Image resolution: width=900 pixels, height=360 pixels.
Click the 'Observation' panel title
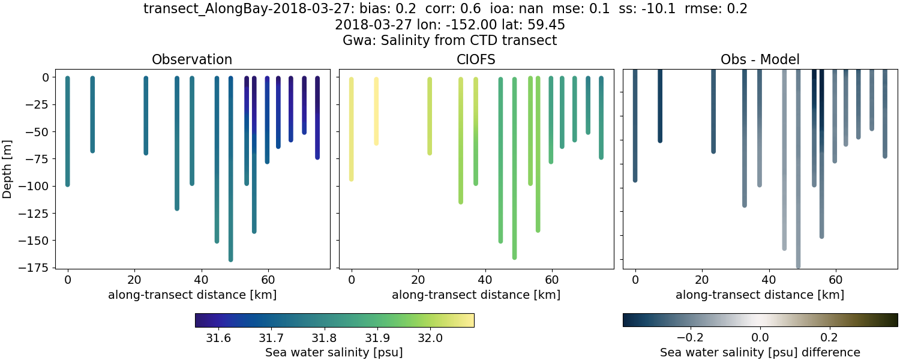(x=192, y=59)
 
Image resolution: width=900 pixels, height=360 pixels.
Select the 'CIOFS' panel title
(x=476, y=59)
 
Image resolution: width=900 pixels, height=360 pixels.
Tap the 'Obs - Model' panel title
(x=760, y=59)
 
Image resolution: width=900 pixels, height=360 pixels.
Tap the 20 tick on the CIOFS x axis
(x=418, y=279)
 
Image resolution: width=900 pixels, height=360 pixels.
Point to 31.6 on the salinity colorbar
(x=219, y=338)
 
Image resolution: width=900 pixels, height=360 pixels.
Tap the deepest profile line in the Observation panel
(x=230, y=180)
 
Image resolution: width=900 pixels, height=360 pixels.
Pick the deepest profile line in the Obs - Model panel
(x=798, y=180)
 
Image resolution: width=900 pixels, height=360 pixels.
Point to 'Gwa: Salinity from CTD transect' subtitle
(x=450, y=40)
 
